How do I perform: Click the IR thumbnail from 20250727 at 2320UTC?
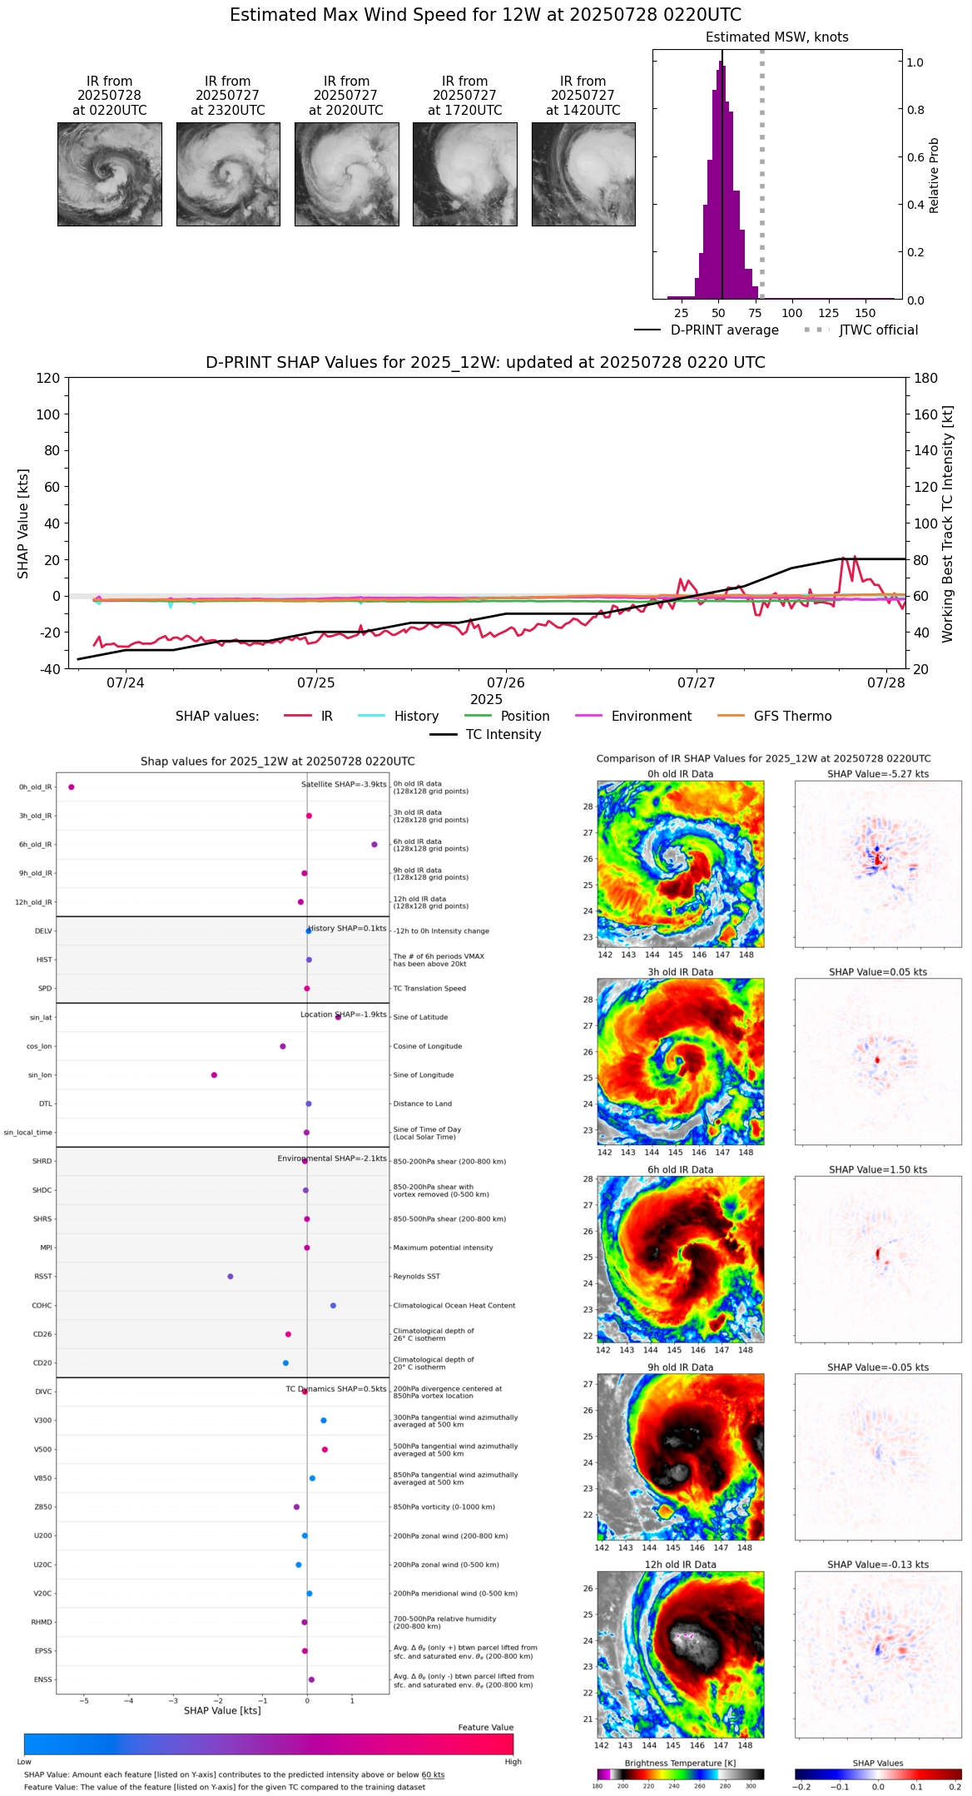(x=228, y=174)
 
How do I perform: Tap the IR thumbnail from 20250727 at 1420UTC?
(x=583, y=174)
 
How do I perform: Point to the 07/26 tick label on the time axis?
(x=506, y=683)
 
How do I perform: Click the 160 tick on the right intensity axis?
(x=926, y=414)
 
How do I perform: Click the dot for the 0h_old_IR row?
(x=72, y=787)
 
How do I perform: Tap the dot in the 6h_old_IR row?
(x=374, y=845)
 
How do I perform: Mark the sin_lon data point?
(x=214, y=1075)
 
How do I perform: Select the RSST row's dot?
(x=231, y=1277)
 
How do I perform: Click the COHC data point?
(x=333, y=1306)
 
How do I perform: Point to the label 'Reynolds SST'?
(x=417, y=1277)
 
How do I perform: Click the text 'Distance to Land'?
(x=423, y=1104)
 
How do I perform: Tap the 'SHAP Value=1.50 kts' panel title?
(x=878, y=1170)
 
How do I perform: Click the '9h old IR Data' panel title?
(x=680, y=1367)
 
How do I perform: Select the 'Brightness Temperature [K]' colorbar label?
(x=680, y=1763)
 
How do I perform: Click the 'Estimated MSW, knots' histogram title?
(x=777, y=37)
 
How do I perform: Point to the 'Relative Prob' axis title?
(x=935, y=176)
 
